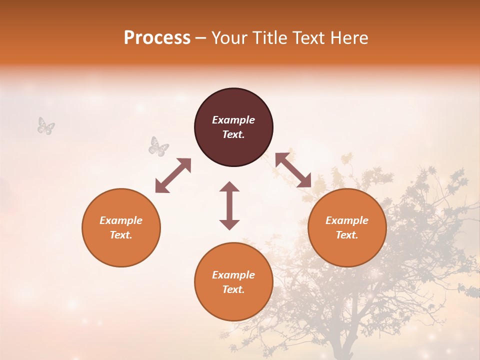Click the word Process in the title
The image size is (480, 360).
click(157, 38)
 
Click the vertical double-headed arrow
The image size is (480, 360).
click(229, 205)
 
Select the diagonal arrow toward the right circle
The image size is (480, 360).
click(293, 170)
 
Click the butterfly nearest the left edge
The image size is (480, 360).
click(45, 126)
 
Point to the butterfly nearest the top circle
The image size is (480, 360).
click(158, 146)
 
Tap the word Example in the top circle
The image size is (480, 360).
click(233, 120)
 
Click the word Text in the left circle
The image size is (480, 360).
click(121, 235)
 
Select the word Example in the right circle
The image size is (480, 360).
click(347, 220)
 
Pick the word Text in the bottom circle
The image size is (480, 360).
click(233, 289)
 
